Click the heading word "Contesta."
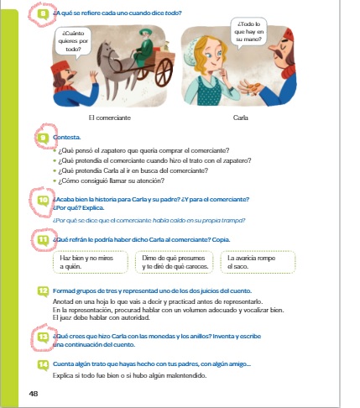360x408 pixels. pyautogui.click(x=67, y=135)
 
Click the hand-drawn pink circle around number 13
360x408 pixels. pyautogui.click(x=43, y=339)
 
